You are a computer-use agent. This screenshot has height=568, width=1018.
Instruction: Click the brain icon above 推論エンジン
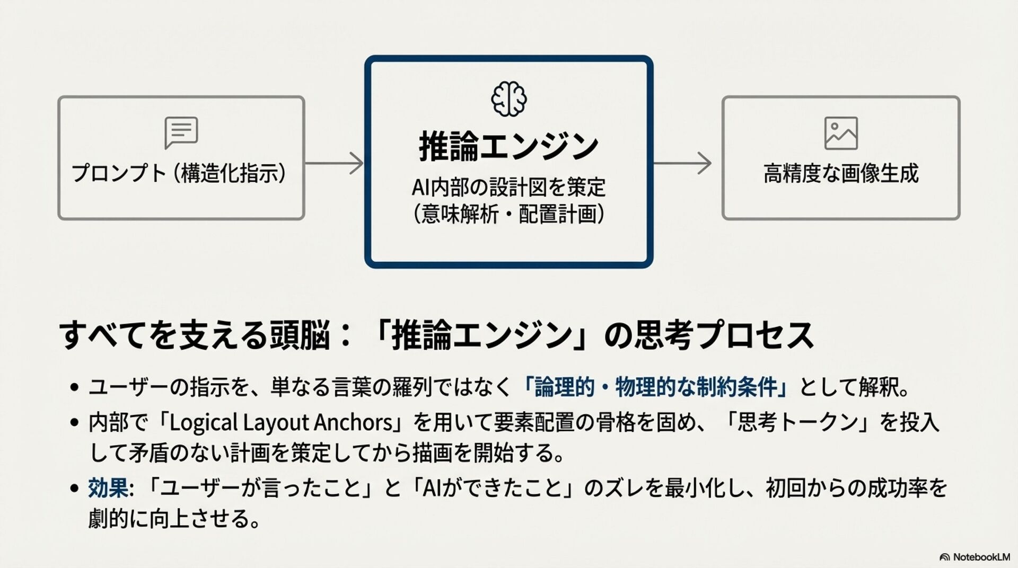[508, 99]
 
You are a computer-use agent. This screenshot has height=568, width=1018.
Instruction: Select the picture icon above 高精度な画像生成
[841, 134]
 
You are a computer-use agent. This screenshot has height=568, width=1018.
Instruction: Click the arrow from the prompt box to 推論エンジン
[335, 163]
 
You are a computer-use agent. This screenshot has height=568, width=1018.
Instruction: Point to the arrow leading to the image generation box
[682, 163]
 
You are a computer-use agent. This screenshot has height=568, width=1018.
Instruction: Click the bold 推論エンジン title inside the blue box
[508, 146]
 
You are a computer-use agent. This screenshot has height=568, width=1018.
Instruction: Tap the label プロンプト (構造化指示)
[179, 173]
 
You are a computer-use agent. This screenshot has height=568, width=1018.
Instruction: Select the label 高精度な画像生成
[841, 173]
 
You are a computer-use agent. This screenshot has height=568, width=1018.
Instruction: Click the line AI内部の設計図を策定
[508, 187]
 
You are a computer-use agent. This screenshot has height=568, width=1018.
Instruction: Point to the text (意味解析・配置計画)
[508, 215]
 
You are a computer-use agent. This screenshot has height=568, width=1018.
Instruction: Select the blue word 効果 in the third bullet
[108, 487]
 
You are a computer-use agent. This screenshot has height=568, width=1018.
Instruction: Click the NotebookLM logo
[975, 557]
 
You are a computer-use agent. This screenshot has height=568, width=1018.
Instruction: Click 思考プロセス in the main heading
[724, 335]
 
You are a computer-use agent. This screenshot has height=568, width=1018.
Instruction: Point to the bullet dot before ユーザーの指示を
[75, 387]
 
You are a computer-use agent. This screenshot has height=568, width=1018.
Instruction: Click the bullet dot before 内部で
[75, 423]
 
